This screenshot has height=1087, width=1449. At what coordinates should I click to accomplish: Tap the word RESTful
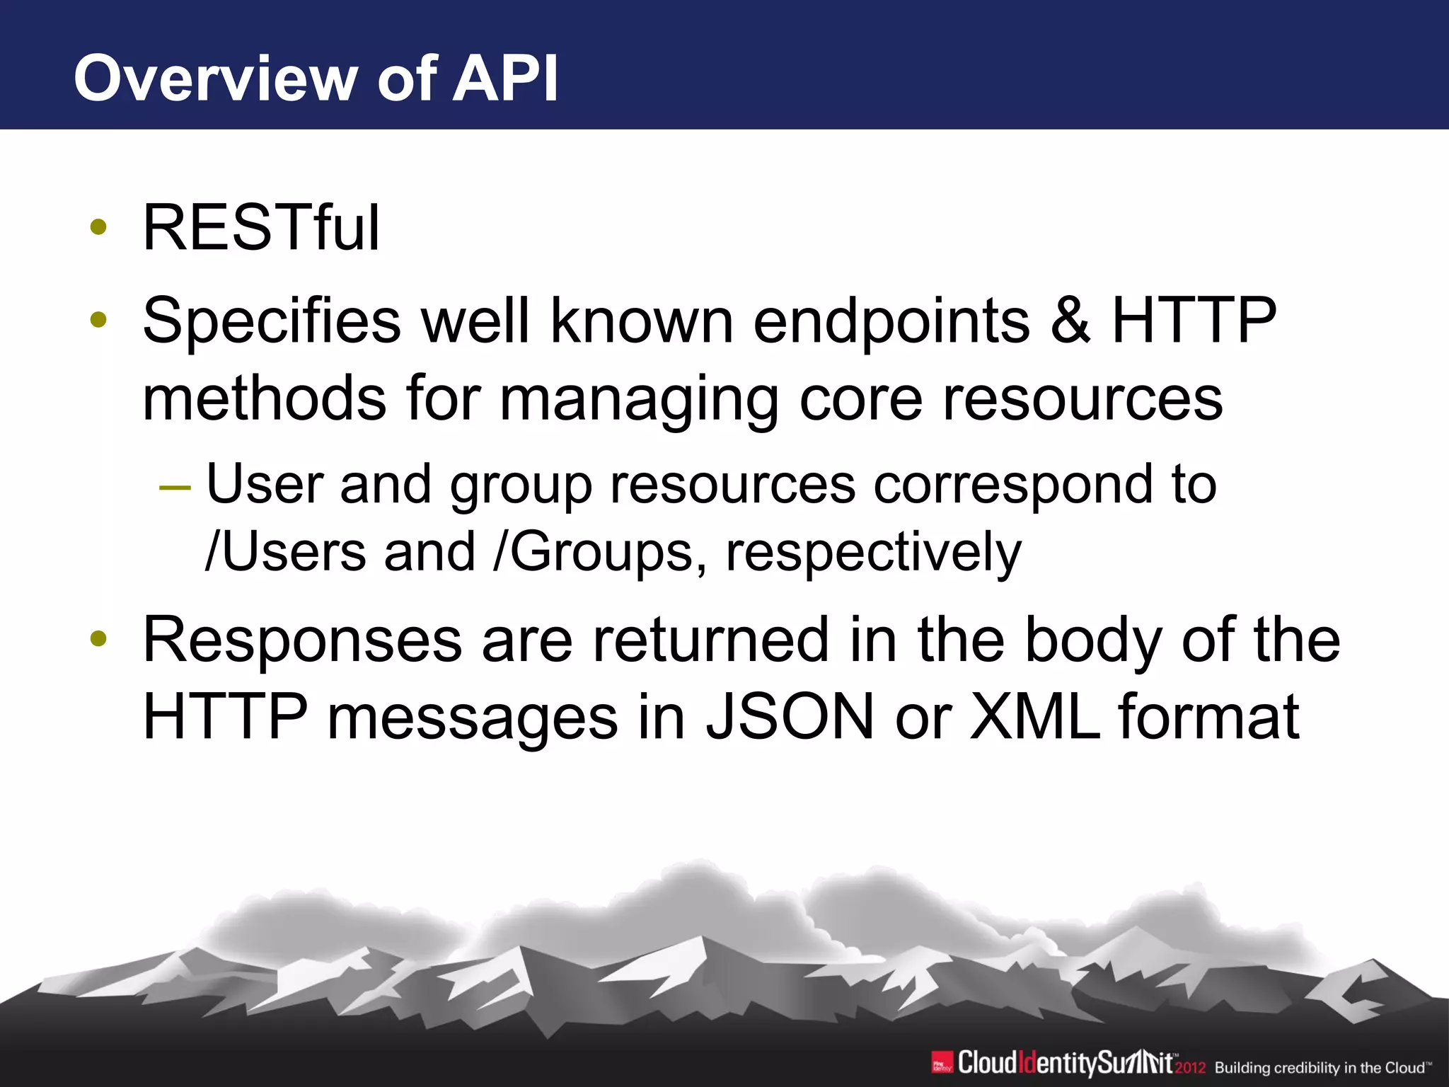(261, 228)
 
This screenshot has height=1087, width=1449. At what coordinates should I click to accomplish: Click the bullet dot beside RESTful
(98, 228)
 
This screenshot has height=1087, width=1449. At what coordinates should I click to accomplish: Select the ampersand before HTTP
(1070, 321)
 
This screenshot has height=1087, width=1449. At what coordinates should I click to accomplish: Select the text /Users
(285, 552)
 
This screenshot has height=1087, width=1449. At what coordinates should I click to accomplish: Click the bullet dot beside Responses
(98, 639)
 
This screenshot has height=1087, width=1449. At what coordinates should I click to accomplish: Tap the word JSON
(790, 717)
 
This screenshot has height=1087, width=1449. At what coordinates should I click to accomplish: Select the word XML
(1034, 717)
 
